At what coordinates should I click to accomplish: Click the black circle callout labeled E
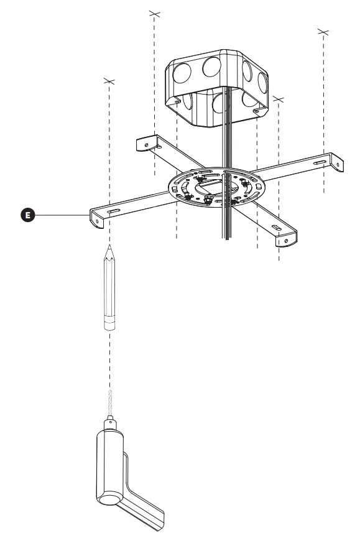(27, 215)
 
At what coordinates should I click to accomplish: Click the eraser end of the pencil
(109, 325)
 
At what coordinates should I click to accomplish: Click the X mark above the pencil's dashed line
(109, 80)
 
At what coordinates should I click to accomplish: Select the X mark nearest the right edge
(323, 30)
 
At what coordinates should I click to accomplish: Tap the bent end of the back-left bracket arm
(144, 144)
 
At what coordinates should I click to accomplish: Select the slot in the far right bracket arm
(318, 162)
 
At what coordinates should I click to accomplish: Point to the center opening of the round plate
(215, 183)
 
